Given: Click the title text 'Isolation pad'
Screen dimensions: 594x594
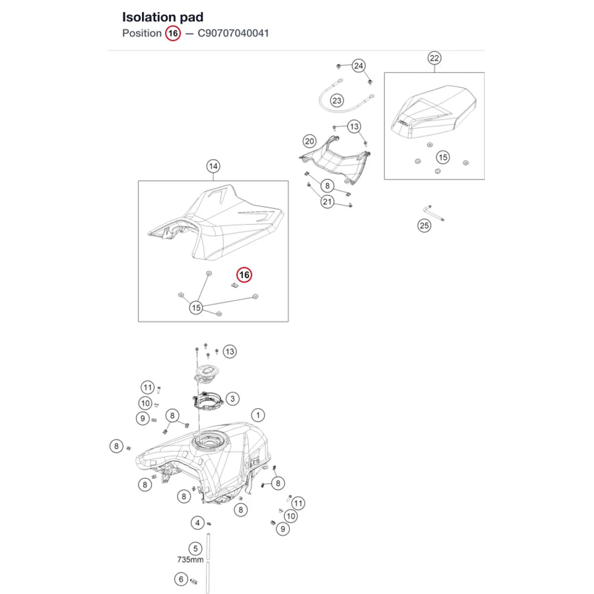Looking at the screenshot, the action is coord(163,17).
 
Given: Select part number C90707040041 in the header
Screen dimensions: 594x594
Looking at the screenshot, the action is coord(233,33).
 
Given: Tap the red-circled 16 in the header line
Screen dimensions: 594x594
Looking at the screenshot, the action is coord(173,33).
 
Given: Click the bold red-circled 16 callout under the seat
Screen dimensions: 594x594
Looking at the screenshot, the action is coord(244,275).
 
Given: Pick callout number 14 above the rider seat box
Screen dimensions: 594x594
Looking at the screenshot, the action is coord(213,166).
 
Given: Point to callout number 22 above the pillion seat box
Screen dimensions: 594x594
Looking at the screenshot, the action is coord(434,58).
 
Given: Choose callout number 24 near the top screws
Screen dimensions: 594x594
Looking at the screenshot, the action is coord(358,66).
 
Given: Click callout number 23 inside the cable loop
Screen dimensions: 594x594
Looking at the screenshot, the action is coord(337,101).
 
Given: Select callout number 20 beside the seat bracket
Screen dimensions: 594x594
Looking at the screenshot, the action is coord(309,142).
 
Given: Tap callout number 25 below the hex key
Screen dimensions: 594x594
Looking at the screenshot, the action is coord(424,226).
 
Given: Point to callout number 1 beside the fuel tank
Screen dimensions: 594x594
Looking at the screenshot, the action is coord(258,415).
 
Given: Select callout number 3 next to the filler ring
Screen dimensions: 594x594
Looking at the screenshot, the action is coord(233,399).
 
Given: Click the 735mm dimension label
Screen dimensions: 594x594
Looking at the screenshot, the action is coord(190,560).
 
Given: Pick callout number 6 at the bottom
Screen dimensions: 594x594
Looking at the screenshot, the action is coord(181,579).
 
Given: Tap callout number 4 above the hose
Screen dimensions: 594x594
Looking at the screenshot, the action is coord(197,523).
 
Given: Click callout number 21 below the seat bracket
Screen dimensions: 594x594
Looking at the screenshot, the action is coord(327,202).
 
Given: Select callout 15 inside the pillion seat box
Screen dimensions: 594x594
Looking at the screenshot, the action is coord(443,157).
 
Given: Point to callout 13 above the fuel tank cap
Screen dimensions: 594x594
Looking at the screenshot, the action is coord(229,352).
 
